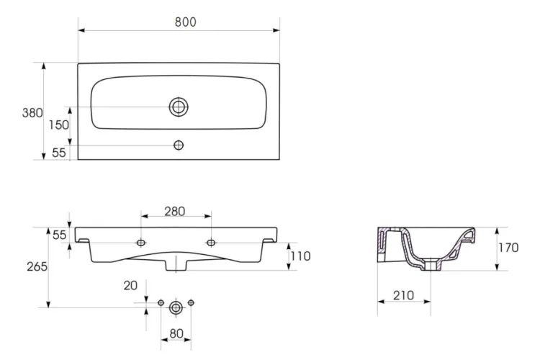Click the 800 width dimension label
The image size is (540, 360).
(185, 22)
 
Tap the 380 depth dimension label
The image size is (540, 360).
(32, 113)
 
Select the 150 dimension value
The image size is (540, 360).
(58, 125)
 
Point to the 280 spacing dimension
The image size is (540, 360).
(175, 212)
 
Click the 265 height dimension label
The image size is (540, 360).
(37, 266)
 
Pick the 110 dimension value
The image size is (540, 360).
(301, 256)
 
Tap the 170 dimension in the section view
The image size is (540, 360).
(508, 248)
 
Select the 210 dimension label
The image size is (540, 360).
(403, 296)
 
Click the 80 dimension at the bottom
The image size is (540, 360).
(176, 334)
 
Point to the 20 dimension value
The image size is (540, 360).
(130, 286)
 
